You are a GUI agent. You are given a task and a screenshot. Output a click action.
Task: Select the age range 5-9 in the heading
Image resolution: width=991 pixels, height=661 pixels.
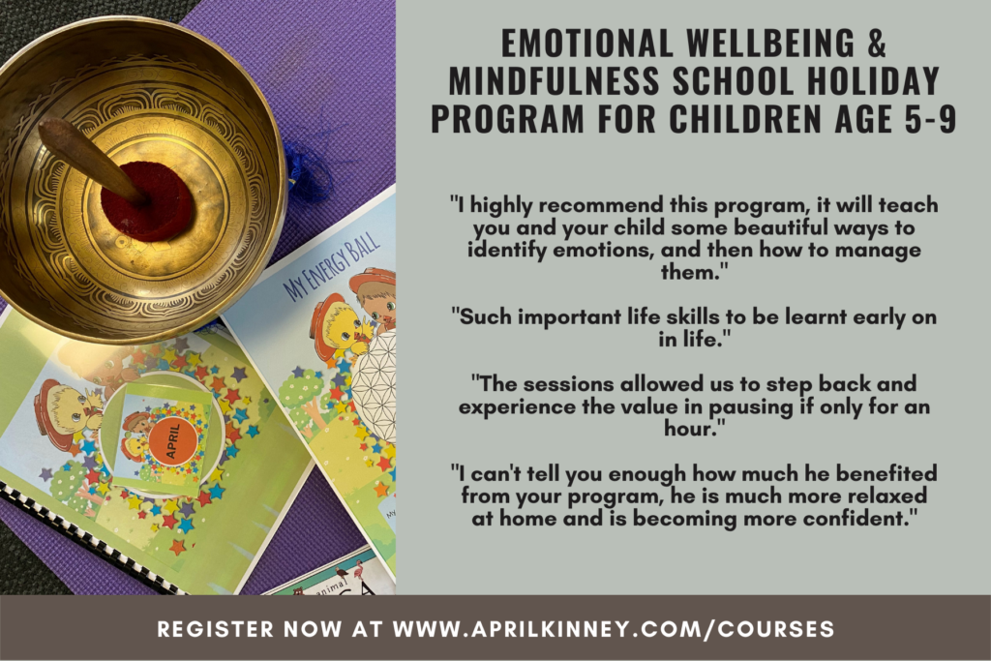pyautogui.click(x=930, y=118)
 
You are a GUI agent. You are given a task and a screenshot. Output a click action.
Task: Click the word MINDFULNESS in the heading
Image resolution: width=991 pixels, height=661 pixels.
pyautogui.click(x=554, y=81)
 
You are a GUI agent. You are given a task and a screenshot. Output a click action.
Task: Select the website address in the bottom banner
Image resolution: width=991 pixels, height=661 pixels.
pyautogui.click(x=614, y=629)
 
